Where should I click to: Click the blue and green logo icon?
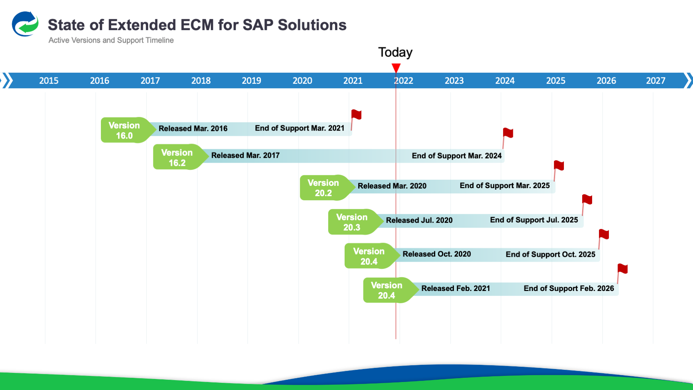coord(25,24)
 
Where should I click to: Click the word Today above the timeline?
coord(395,52)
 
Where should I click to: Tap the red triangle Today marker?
coord(396,68)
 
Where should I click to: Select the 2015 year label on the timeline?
coord(49,81)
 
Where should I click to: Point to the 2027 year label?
coord(655,81)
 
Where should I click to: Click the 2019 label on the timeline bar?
coord(251,81)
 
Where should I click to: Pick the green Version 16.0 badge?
coord(125,130)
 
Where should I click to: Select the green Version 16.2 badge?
coord(177,157)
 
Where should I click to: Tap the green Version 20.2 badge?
coord(323,188)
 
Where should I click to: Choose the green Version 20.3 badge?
coord(352,222)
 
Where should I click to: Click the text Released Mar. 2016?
coord(193,129)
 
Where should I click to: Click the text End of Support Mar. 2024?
coord(457,156)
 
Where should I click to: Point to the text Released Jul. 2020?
coord(419,220)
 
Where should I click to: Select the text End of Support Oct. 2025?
coord(550,254)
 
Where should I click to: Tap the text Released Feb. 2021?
coord(455,288)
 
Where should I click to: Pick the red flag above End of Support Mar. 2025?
coord(559,166)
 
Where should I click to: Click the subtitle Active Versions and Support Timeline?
coord(111,40)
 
